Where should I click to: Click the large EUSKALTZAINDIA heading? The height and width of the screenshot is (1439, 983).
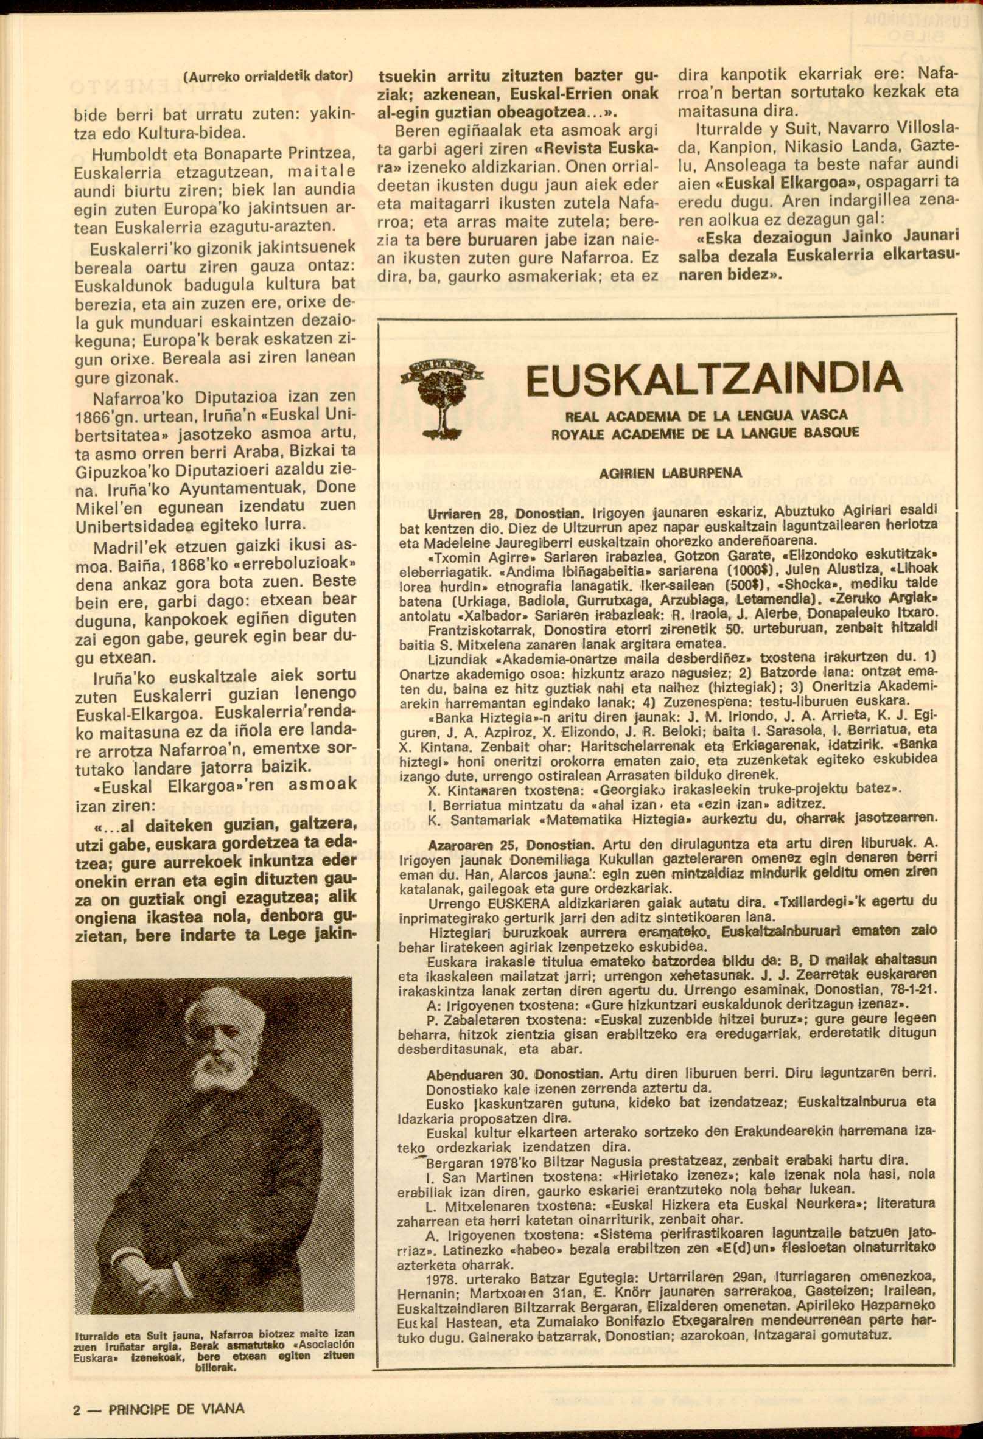(x=705, y=382)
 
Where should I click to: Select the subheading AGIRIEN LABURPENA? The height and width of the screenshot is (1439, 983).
(x=671, y=473)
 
